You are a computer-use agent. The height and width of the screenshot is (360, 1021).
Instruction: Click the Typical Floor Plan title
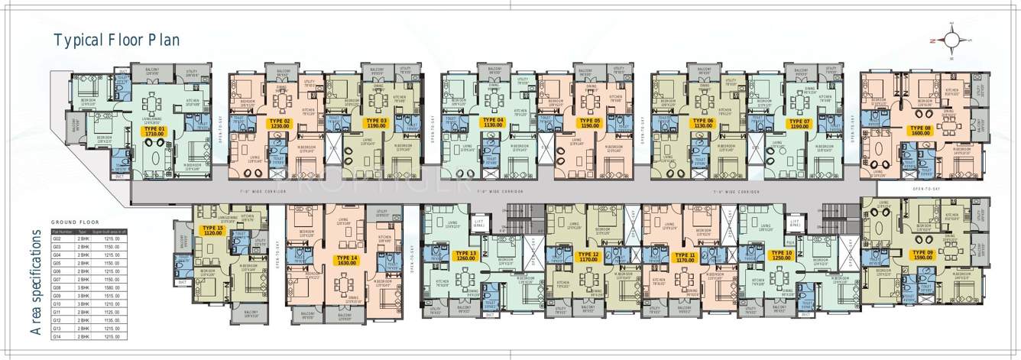coord(116,41)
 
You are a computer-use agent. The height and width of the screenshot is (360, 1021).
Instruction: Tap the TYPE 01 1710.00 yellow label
coord(154,131)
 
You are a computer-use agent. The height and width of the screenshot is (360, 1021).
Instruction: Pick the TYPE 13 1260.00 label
coord(465,256)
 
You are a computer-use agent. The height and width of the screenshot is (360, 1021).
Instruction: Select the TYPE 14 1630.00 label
coord(345,261)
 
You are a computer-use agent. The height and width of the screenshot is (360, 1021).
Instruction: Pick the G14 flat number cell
coord(57,337)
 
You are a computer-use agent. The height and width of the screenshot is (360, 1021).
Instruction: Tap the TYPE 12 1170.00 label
coord(588,256)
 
